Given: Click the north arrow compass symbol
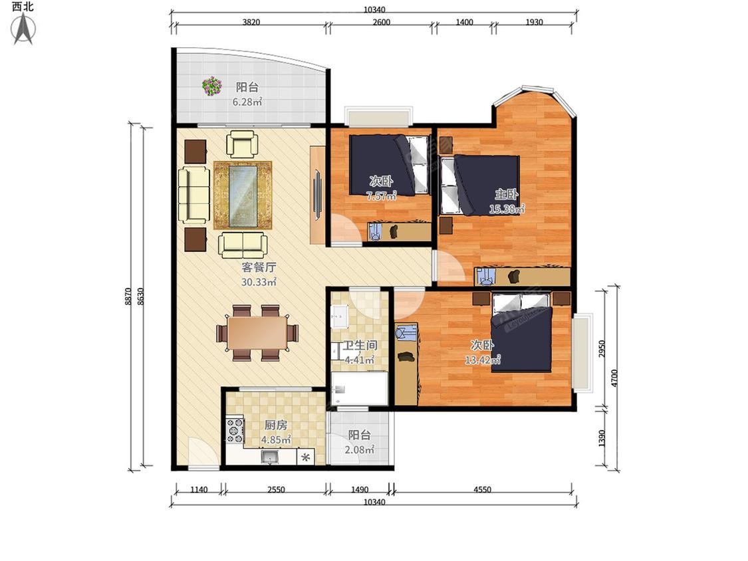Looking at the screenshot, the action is tap(23, 29).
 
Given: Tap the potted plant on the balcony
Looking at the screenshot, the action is tap(212, 86).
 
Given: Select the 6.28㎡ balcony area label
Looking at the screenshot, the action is tap(247, 102).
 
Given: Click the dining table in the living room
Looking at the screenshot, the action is tap(257, 333).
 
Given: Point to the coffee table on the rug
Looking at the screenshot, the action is tap(243, 195).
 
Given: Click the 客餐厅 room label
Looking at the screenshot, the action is tap(259, 267).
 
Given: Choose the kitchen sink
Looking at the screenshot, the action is tap(270, 457).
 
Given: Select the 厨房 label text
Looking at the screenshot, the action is tap(276, 425).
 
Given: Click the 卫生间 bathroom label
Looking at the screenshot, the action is tap(360, 345).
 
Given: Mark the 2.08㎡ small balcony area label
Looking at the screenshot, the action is tap(359, 449).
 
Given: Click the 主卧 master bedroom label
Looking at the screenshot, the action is tap(506, 194).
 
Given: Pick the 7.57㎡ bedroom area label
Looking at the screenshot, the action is tap(381, 195).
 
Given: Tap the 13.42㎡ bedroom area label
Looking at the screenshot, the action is tap(483, 360).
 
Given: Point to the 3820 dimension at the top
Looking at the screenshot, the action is tap(251, 22).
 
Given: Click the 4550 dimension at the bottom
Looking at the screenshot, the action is tap(482, 489).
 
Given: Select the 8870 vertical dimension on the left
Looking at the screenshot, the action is tap(128, 296).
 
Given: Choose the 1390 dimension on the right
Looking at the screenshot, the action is tap(602, 439).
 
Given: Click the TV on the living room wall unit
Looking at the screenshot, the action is tap(316, 195).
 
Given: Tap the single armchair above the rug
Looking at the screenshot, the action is tap(242, 144).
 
